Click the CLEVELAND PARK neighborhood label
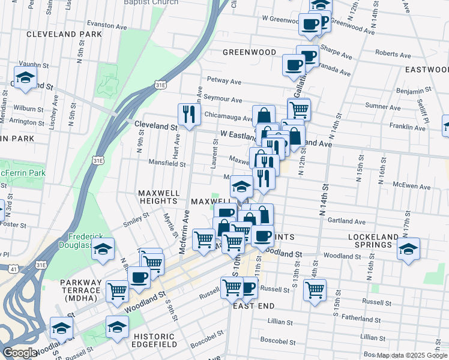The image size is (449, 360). tap(65, 35)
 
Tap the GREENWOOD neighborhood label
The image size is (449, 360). tap(249, 52)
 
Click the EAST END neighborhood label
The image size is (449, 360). tap(254, 306)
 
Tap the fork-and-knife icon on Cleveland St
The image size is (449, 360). tap(188, 114)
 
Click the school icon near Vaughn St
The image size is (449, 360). tap(26, 77)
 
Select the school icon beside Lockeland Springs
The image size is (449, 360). tap(409, 249)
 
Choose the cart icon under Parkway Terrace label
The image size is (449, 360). tap(117, 291)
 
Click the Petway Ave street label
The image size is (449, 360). tap(224, 80)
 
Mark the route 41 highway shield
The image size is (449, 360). tap(13, 269)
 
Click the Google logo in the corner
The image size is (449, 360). tap(20, 353)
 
